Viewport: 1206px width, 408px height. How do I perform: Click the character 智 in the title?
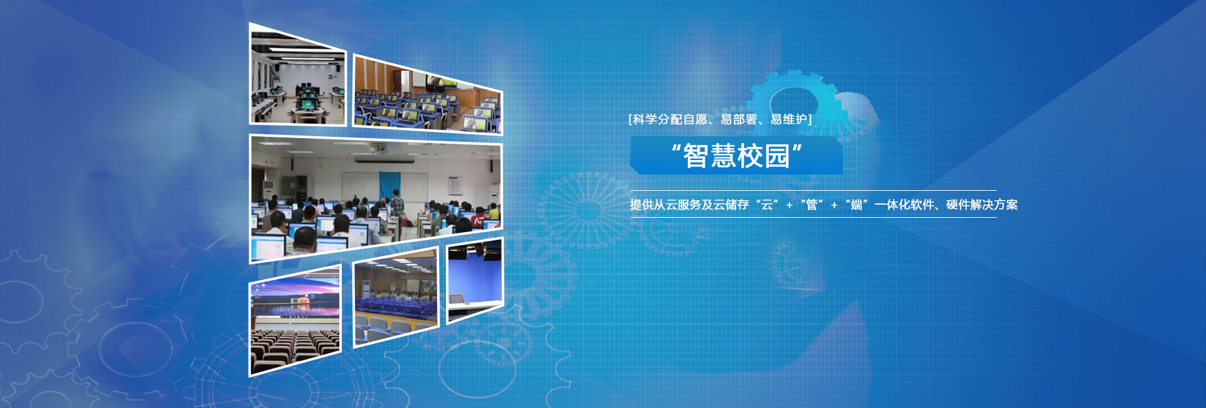point(696,156)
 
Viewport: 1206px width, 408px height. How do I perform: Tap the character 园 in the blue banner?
point(777,156)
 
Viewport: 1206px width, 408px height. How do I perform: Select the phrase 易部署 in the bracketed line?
point(739,119)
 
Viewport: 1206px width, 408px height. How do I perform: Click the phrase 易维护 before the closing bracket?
point(789,119)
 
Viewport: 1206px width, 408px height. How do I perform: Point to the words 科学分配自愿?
point(670,119)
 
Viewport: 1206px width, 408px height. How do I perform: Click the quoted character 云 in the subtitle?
point(767,205)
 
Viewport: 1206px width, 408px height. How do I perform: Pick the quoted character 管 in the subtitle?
point(812,205)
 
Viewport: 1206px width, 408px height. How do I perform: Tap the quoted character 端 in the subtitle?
point(856,205)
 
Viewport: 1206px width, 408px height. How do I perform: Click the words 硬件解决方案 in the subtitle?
point(982,205)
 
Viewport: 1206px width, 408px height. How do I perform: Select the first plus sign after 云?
point(790,205)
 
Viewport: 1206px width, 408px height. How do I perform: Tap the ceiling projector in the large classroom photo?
point(378,148)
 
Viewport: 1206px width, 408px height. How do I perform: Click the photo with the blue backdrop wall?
point(475,280)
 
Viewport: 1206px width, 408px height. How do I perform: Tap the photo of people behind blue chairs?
point(396,298)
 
